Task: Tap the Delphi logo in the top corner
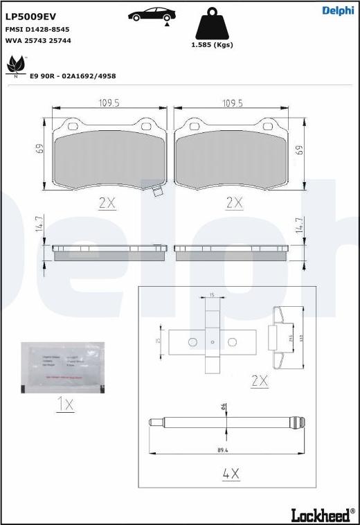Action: click(x=337, y=10)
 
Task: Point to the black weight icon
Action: click(x=212, y=24)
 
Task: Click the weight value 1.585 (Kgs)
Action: click(x=212, y=45)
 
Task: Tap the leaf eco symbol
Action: click(x=15, y=66)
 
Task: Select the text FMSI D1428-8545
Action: click(x=37, y=30)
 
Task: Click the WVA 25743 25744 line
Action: click(x=38, y=41)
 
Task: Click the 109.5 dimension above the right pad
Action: click(x=231, y=103)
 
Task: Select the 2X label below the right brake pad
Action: click(x=235, y=202)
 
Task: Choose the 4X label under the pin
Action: click(x=231, y=474)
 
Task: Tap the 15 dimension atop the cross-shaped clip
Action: click(x=212, y=295)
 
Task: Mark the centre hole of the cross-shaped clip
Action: click(x=212, y=341)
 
